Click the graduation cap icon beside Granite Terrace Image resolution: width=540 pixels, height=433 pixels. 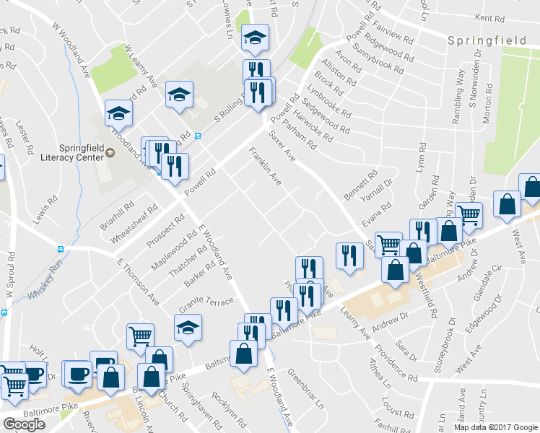[x=188, y=328]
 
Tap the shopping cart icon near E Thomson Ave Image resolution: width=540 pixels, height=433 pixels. [x=139, y=335]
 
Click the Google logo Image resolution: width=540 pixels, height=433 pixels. [x=25, y=424]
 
